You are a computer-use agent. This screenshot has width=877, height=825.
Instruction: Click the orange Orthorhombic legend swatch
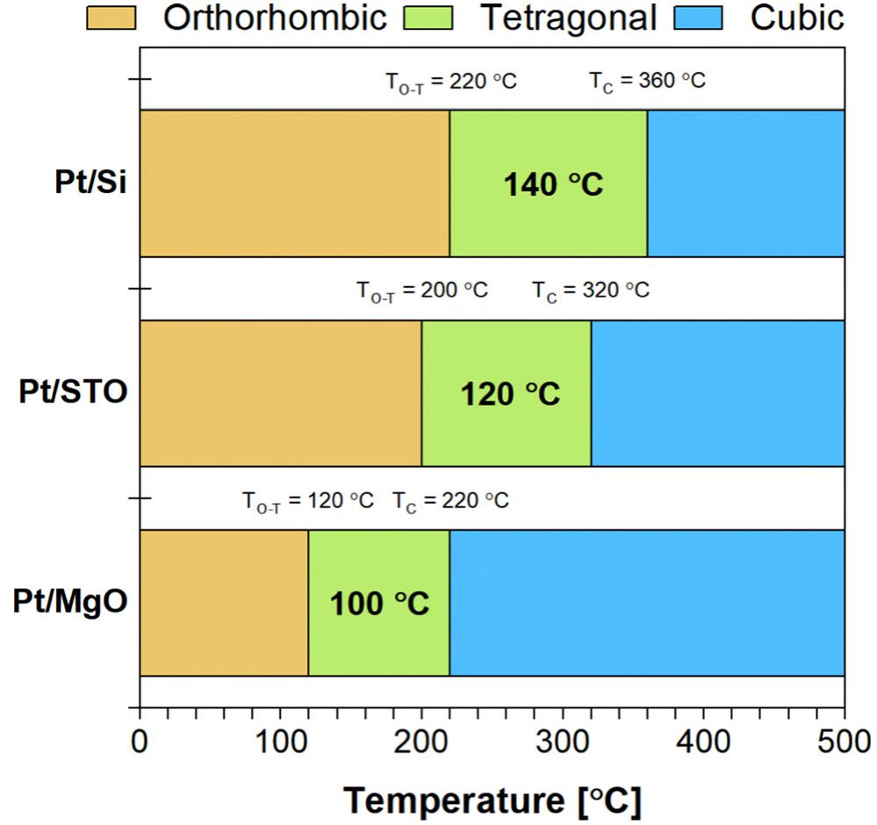111,18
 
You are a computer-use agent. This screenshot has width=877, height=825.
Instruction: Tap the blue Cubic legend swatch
697,18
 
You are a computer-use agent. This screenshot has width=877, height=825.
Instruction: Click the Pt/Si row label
89,184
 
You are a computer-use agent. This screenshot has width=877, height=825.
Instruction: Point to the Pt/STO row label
74,393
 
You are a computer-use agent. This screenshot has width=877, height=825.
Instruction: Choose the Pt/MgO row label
71,603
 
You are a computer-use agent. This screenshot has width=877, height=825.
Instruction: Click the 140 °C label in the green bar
553,185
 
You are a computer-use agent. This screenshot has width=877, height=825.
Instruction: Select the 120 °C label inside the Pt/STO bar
510,394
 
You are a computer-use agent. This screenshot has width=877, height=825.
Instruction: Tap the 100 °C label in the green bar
379,604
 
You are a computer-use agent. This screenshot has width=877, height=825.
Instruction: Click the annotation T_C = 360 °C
647,82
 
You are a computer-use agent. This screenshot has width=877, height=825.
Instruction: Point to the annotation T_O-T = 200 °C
421,291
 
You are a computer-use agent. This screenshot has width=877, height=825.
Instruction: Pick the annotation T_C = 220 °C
450,501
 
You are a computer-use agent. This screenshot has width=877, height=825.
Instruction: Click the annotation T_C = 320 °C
591,291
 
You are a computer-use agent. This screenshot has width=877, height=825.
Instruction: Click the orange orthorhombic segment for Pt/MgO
224,603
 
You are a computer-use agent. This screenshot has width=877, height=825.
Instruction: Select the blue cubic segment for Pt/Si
745,183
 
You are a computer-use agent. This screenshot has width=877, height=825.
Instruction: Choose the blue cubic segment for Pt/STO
717,393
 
